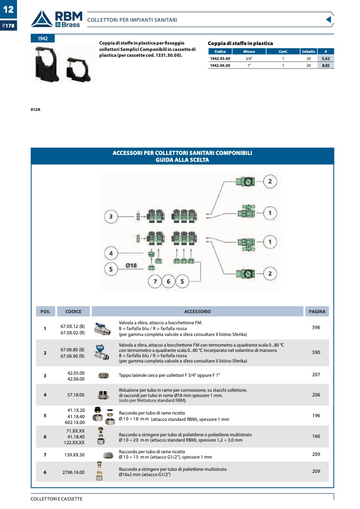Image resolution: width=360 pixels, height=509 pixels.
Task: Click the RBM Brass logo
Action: coord(57,19)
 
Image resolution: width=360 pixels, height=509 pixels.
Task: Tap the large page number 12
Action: coord(8,9)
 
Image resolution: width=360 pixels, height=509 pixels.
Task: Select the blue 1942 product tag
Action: coord(42,38)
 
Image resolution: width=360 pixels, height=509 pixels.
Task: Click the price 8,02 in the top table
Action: coord(325,65)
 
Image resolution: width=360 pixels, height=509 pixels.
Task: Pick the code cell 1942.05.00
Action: coord(220,59)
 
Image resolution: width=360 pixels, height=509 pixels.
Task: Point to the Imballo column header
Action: coord(308,51)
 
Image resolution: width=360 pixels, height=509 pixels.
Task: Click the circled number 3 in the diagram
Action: coord(110,217)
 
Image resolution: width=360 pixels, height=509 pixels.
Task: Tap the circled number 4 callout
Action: coord(111,253)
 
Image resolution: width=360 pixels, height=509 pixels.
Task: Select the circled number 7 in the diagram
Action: coord(155,281)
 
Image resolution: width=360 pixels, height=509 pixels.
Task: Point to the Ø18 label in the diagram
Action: coord(131,265)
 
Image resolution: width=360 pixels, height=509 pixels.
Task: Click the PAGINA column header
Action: coord(317,312)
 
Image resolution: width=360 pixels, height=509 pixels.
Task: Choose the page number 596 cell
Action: coord(316,327)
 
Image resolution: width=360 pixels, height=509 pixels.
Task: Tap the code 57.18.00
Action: coord(75,395)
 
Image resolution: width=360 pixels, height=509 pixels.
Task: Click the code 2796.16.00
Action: coord(73,472)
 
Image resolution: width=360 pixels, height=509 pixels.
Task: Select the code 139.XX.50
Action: coord(74,455)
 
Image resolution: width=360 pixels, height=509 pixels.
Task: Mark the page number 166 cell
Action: coord(316,436)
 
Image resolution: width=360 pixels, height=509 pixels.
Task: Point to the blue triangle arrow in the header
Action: coord(329,20)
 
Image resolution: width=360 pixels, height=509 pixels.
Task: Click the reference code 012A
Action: coord(36,110)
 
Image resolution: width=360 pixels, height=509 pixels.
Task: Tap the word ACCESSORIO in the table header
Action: coord(198,312)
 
